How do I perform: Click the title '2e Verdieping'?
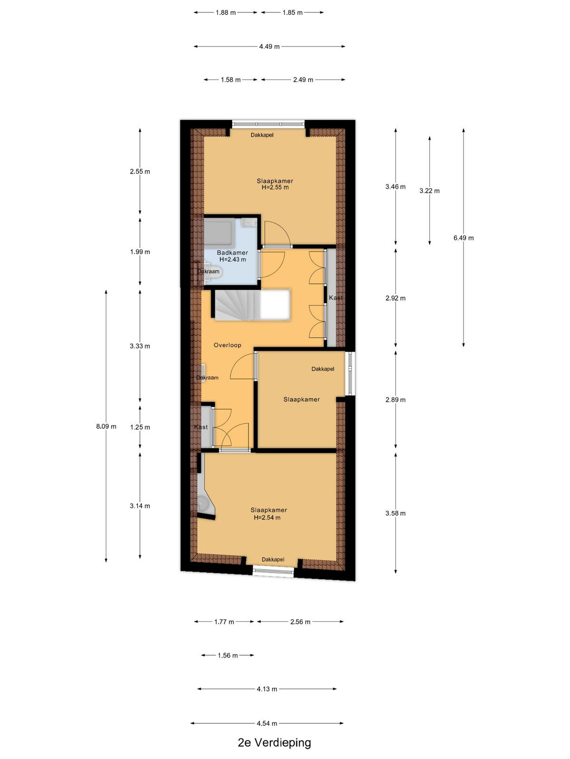click(274, 742)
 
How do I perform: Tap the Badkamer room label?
click(232, 253)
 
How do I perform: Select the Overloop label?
click(228, 345)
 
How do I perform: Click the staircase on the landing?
click(252, 305)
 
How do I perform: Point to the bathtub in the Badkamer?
click(218, 233)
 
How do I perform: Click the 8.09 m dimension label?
click(106, 426)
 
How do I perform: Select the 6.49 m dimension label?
click(464, 238)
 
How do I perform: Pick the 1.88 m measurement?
click(225, 13)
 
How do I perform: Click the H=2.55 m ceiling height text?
click(275, 187)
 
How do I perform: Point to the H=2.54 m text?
click(267, 518)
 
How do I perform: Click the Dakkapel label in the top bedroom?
click(262, 135)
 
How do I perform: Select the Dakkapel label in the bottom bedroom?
click(273, 559)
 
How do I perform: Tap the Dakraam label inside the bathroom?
click(209, 271)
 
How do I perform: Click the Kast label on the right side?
click(336, 297)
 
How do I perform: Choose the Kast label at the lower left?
click(201, 427)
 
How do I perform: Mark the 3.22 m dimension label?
click(429, 191)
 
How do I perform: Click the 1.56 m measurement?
click(228, 655)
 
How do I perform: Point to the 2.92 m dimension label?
click(396, 298)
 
